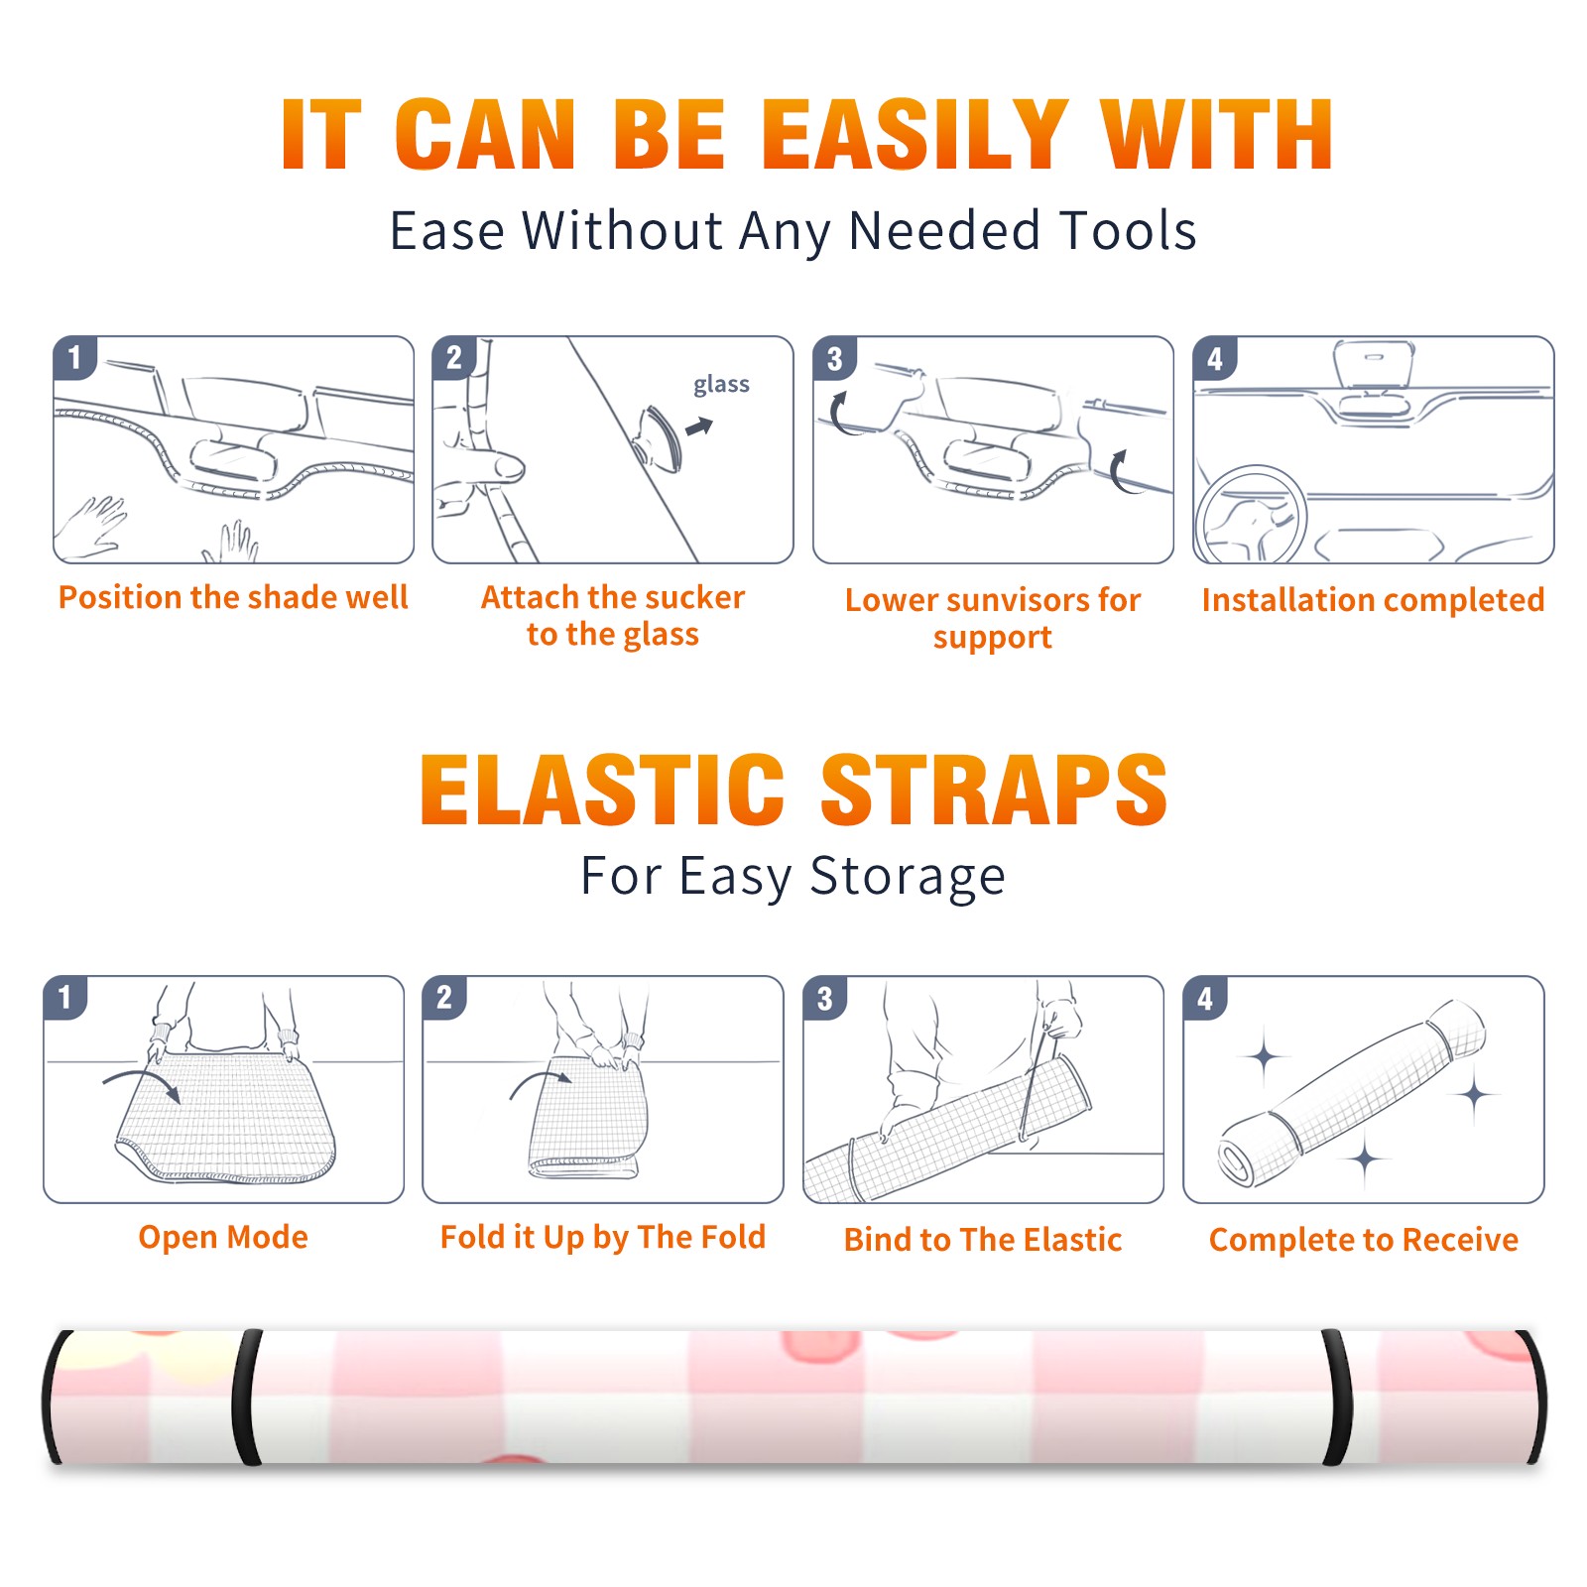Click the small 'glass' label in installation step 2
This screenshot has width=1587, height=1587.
tap(721, 385)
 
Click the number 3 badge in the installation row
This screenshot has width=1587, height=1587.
tap(834, 359)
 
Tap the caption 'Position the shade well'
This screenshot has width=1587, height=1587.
tap(233, 597)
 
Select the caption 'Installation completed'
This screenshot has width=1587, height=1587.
tap(1373, 600)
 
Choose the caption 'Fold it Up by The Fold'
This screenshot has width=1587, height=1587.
tap(603, 1238)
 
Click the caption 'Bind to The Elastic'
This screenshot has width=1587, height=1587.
tap(983, 1240)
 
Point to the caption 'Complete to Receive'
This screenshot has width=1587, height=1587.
tap(1364, 1240)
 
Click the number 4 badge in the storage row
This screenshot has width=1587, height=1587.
tap(1205, 998)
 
